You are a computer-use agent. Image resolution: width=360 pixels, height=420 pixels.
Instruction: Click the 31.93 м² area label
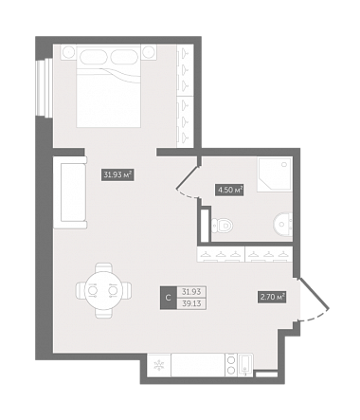[x=117, y=174]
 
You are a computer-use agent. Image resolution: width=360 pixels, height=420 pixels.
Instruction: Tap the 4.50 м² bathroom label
[x=229, y=191]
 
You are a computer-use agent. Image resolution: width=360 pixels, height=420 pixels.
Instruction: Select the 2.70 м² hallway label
[x=273, y=297]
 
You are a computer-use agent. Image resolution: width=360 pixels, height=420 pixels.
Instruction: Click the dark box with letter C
[x=169, y=298]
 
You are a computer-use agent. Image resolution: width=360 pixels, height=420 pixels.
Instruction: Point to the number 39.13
[x=191, y=303]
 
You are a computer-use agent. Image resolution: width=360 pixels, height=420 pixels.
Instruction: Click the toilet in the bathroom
[x=223, y=226]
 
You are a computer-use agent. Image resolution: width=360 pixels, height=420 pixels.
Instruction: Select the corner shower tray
[x=275, y=174]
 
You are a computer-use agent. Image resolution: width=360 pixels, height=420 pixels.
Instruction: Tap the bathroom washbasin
[x=282, y=224]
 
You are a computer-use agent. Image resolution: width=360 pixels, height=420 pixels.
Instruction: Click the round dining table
[x=103, y=290]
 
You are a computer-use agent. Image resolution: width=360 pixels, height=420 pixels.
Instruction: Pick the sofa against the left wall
[x=70, y=192]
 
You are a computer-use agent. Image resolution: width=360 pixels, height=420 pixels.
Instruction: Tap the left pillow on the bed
[x=93, y=56]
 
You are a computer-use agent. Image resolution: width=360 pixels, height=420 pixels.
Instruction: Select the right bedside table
[x=148, y=51]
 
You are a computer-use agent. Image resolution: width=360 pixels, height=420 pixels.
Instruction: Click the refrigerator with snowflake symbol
[x=159, y=365]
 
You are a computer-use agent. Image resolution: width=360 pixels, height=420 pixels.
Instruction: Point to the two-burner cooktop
[x=231, y=365]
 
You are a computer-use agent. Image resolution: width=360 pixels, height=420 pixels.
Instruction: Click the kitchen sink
[x=245, y=365]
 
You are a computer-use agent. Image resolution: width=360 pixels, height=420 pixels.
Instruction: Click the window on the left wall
[x=44, y=88]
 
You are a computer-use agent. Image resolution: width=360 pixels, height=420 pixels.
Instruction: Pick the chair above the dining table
[x=103, y=268]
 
